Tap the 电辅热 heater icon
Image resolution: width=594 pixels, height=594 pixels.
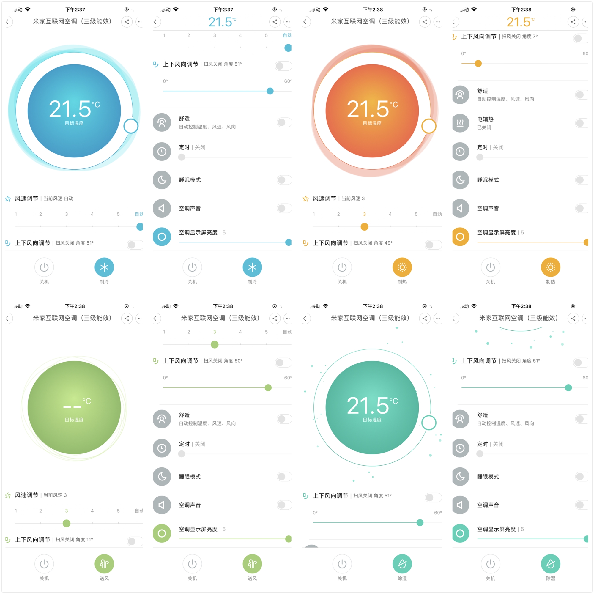click(x=460, y=123)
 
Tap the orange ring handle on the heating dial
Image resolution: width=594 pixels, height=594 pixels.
click(x=428, y=126)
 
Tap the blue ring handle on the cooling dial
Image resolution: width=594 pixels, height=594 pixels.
click(x=131, y=126)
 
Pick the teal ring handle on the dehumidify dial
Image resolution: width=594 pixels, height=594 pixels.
click(x=428, y=423)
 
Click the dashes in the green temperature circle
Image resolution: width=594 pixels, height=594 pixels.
click(x=72, y=407)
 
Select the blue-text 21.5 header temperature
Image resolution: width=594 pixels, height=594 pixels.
click(x=220, y=22)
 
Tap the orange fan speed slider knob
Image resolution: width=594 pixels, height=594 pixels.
click(x=364, y=227)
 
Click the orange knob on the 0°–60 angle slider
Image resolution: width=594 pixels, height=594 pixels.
click(x=478, y=64)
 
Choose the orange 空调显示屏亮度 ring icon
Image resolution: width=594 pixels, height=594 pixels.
click(x=460, y=237)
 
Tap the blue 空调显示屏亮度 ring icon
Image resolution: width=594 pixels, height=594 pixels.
click(x=162, y=237)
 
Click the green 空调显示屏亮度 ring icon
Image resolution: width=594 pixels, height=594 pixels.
click(x=162, y=533)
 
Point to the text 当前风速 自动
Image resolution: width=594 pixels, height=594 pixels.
click(x=59, y=198)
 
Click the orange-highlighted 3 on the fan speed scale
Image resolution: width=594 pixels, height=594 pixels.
click(x=364, y=214)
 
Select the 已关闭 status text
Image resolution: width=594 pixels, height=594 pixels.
click(x=484, y=127)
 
